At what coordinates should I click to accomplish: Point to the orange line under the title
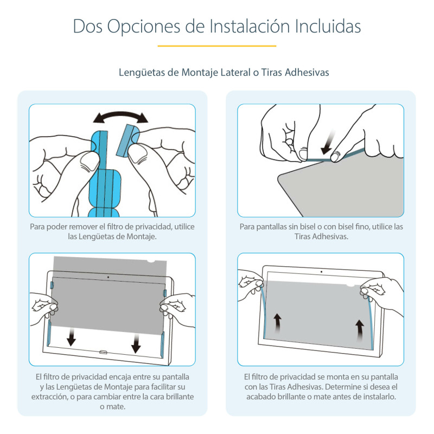coord(217,46)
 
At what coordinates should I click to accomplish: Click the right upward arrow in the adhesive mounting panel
coord(359,327)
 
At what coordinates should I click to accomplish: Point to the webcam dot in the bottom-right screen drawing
coord(321,271)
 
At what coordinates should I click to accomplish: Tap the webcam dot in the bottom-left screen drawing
coord(108,277)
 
